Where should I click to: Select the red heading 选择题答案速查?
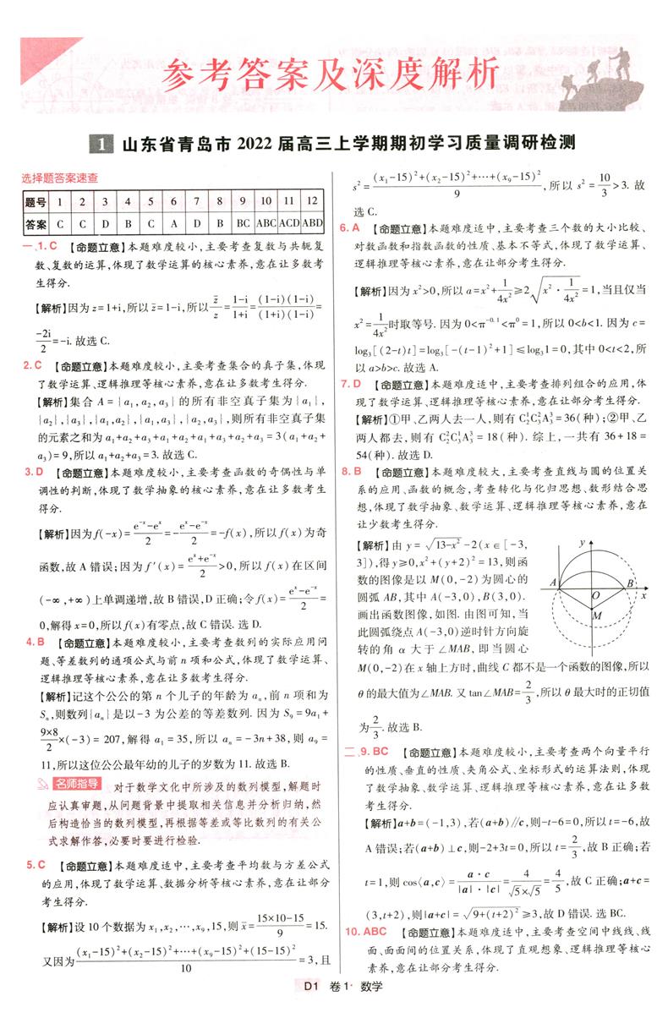[x=59, y=178]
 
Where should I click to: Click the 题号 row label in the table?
[x=36, y=202]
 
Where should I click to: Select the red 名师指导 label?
[x=77, y=783]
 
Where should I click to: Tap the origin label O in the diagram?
[x=595, y=596]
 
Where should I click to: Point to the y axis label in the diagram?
[x=581, y=539]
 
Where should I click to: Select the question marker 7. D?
[x=350, y=385]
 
